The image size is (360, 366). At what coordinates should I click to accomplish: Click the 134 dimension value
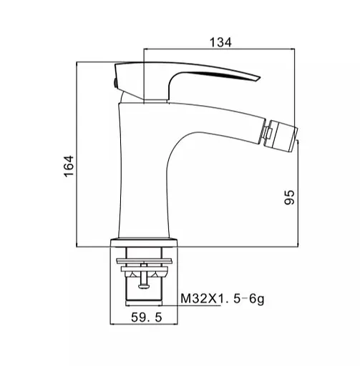[220, 43]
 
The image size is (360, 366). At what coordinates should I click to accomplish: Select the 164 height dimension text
[69, 166]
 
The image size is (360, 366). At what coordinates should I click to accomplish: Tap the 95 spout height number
[290, 197]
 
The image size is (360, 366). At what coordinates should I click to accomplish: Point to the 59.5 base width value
[146, 317]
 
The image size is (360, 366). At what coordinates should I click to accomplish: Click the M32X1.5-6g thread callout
[223, 299]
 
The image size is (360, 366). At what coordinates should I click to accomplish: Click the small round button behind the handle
[115, 83]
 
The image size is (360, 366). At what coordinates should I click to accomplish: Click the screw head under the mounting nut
[144, 286]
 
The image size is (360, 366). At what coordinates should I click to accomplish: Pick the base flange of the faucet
[144, 242]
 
